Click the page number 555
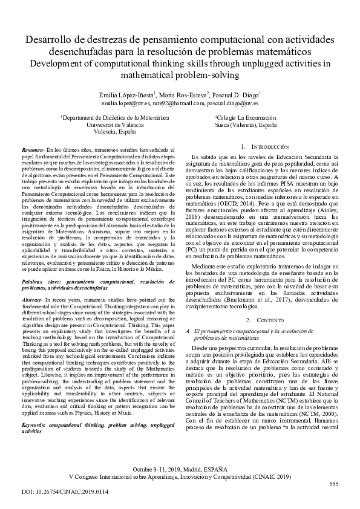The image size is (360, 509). click(x=333, y=484)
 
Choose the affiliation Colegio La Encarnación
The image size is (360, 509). click(x=246, y=117)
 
